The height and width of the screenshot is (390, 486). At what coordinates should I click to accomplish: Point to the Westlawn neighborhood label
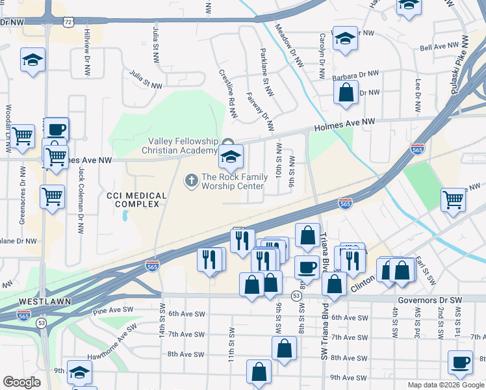tap(40, 302)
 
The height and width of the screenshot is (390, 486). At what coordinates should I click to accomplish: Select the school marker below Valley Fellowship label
tap(231, 156)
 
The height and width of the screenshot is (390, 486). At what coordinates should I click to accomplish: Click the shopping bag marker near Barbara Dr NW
tap(346, 92)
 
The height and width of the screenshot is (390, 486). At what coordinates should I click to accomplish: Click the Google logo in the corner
tap(21, 382)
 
